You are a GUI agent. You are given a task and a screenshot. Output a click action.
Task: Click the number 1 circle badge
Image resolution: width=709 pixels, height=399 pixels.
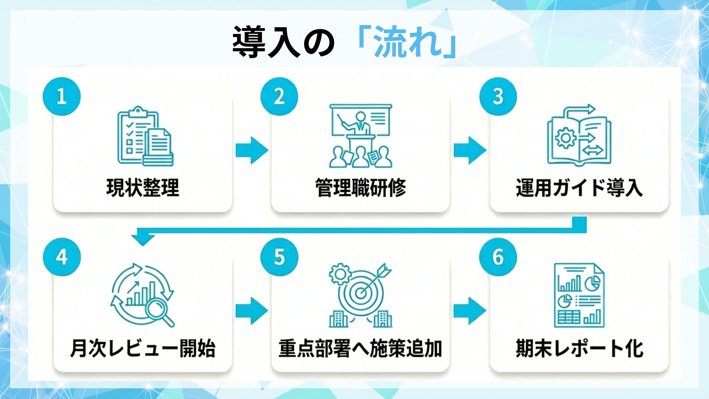click(62, 96)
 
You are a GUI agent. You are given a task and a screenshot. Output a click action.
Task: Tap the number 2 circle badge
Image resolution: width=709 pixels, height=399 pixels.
click(279, 96)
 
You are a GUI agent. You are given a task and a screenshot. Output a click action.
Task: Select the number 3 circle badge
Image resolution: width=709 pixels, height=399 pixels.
click(498, 96)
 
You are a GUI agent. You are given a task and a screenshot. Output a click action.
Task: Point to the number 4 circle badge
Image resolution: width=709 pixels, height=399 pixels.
click(62, 257)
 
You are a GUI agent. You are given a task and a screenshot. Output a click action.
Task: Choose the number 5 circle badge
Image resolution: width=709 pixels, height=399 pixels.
click(279, 257)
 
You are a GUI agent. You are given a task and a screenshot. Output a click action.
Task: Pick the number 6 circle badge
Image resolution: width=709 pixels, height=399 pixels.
click(498, 257)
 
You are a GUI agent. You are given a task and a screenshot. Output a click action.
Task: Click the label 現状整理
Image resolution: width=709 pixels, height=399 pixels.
click(143, 188)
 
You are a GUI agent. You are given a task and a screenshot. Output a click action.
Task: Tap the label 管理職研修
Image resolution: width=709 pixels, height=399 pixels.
click(360, 188)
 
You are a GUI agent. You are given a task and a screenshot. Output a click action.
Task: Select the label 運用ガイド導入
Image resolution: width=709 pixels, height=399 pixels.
click(579, 188)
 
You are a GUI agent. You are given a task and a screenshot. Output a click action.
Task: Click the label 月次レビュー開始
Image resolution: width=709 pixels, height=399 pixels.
click(143, 348)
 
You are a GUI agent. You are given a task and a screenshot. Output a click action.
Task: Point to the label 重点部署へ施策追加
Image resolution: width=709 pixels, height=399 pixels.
click(360, 348)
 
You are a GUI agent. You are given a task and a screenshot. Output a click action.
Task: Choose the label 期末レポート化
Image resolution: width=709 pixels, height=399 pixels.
click(579, 348)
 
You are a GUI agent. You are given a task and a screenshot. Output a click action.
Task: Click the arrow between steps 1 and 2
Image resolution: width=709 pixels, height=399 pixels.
click(252, 150)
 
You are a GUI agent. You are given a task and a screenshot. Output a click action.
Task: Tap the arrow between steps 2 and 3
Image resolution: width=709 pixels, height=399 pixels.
click(470, 150)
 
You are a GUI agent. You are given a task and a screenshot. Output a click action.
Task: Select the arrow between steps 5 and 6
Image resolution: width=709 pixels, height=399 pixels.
click(470, 311)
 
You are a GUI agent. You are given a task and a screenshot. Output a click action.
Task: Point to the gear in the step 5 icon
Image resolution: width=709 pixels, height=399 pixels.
click(339, 274)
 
